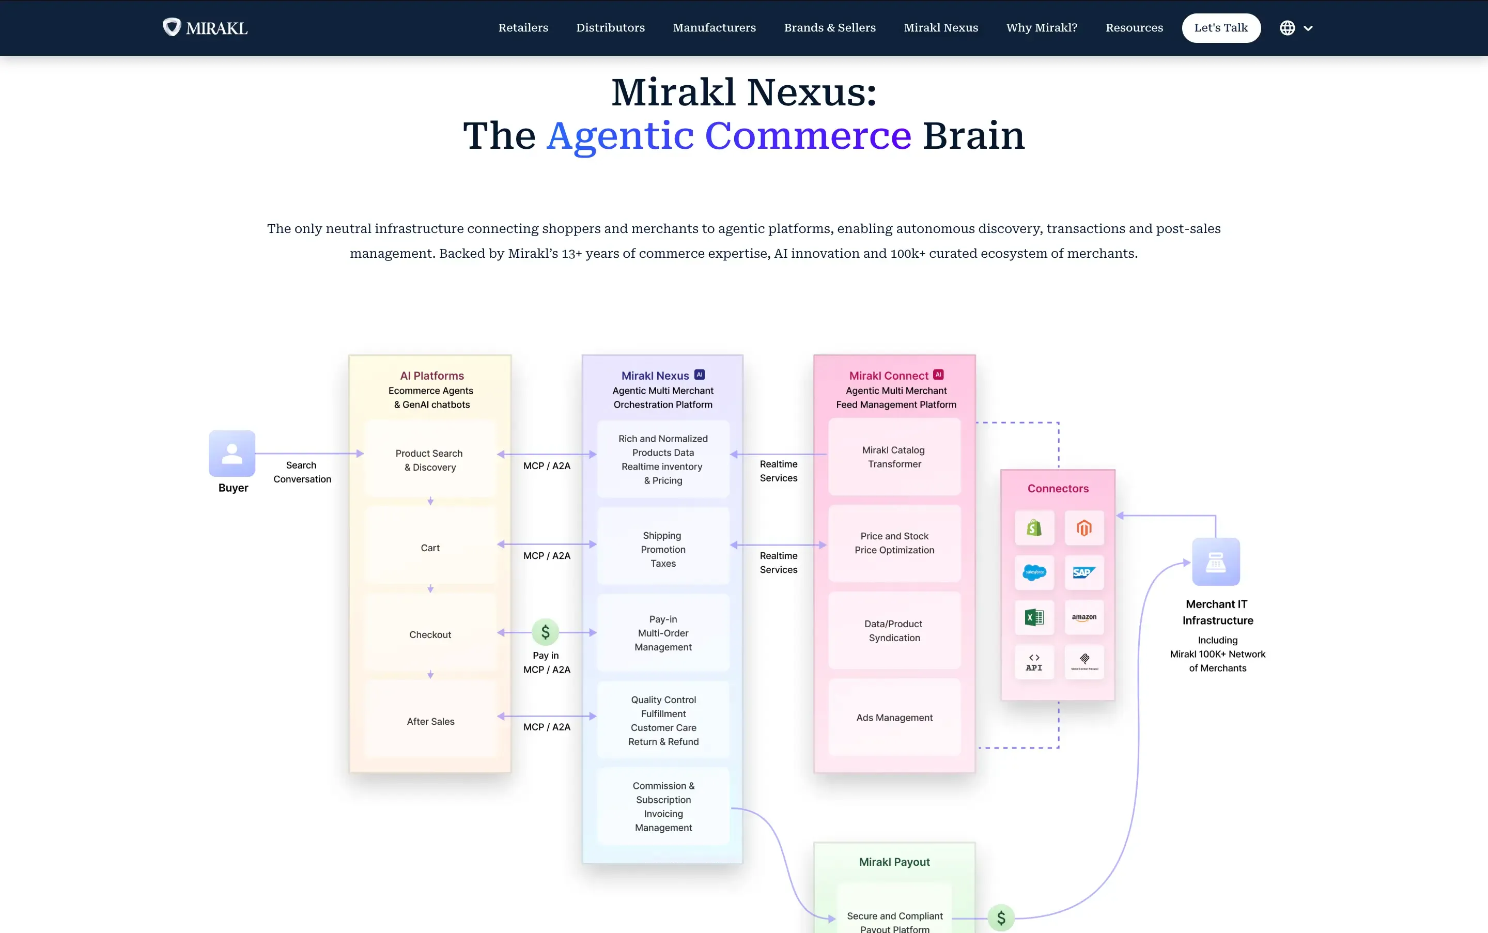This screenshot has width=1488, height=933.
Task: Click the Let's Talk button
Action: (1221, 28)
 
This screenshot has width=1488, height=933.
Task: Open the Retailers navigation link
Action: (523, 28)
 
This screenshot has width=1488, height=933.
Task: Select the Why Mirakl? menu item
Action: (1041, 28)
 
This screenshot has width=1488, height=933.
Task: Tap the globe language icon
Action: (1287, 28)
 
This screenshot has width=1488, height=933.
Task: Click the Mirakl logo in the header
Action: (205, 28)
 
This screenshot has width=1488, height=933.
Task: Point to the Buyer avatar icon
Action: (232, 454)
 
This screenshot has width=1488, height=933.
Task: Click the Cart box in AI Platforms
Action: (430, 547)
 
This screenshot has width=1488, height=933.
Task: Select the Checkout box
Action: (430, 634)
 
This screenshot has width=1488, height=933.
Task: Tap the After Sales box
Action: (430, 721)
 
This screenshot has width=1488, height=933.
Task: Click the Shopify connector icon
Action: (1034, 528)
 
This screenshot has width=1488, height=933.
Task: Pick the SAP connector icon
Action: (1084, 572)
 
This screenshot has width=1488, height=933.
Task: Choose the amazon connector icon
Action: (1084, 617)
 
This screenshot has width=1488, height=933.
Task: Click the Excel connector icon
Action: (1034, 617)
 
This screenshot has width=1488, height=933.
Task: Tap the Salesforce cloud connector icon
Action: (1034, 572)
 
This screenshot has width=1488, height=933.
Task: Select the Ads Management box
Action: (894, 718)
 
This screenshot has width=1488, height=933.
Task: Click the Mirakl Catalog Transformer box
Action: (894, 457)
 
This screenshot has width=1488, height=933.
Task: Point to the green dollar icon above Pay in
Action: (546, 632)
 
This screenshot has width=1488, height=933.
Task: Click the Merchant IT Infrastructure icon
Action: (1216, 562)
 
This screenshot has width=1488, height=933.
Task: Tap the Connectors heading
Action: (1058, 489)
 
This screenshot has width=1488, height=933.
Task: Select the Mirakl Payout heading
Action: (894, 862)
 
